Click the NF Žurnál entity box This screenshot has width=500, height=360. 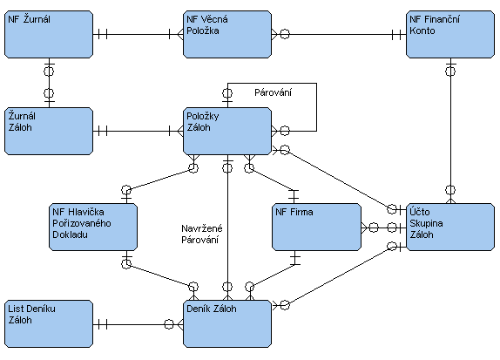tap(49, 35)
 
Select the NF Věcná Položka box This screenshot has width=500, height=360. tap(227, 35)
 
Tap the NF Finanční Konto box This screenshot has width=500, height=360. tap(450, 35)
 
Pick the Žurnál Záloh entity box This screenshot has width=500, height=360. tap(49, 131)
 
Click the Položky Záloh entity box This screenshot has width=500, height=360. tap(227, 131)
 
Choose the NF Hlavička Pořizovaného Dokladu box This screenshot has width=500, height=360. tap(93, 227)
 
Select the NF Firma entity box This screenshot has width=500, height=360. tap(317, 227)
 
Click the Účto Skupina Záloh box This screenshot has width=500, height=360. tap(450, 227)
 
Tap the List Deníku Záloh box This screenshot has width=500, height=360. tap(49, 323)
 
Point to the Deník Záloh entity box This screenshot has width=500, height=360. tap(227, 323)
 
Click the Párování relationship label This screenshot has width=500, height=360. tap(273, 93)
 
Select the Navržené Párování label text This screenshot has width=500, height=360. tap(202, 234)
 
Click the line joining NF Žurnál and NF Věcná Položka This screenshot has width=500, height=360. tap(139, 34)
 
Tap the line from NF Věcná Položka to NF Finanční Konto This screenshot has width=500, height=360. tap(339, 34)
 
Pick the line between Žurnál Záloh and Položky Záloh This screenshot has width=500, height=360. tap(139, 131)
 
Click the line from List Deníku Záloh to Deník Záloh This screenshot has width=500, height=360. tap(139, 324)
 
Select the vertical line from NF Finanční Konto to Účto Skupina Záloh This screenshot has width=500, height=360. tap(450, 131)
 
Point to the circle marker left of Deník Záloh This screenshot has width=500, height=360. tap(169, 324)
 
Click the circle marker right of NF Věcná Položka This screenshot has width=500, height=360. tap(285, 34)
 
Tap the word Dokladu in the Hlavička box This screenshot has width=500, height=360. tap(71, 234)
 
